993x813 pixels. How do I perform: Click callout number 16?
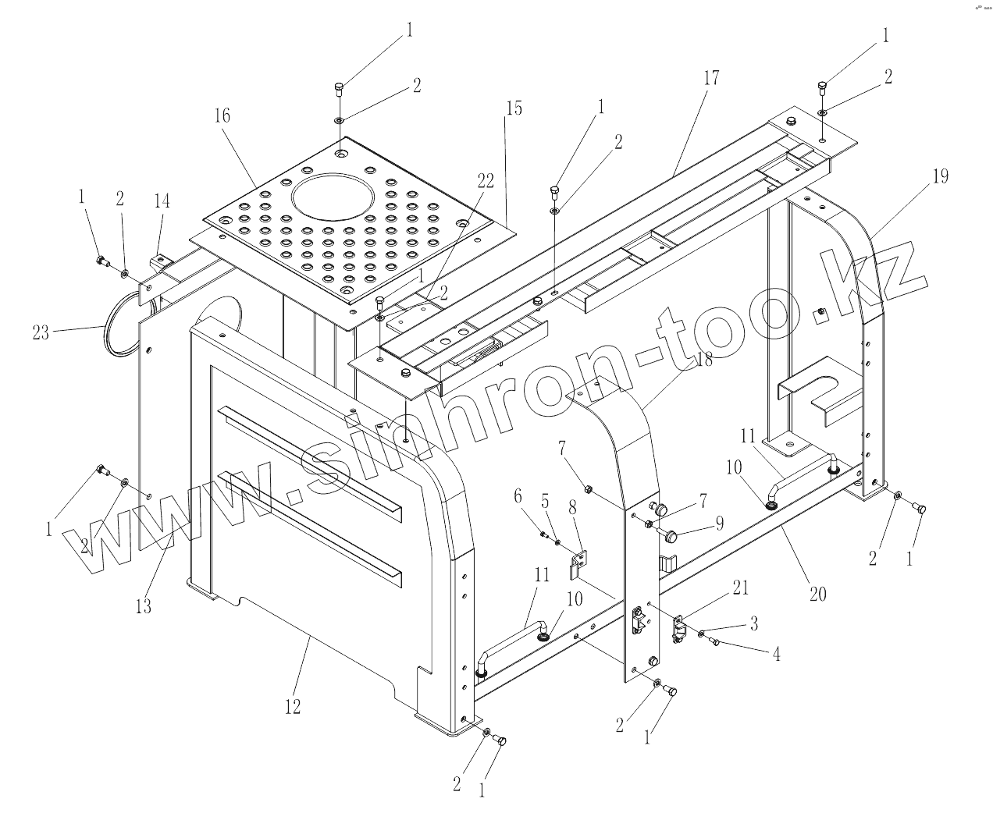click(x=222, y=116)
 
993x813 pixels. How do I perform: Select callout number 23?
click(x=41, y=333)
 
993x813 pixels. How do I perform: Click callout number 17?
click(x=710, y=79)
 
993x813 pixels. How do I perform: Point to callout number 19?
click(x=940, y=177)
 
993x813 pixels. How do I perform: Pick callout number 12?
click(x=292, y=707)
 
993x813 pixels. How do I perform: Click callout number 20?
click(x=817, y=595)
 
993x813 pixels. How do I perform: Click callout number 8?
click(x=572, y=508)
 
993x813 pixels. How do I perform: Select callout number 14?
click(x=162, y=201)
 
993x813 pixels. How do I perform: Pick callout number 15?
click(x=513, y=108)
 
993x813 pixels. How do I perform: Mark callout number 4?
click(x=775, y=655)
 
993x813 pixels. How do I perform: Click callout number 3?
click(x=754, y=624)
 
